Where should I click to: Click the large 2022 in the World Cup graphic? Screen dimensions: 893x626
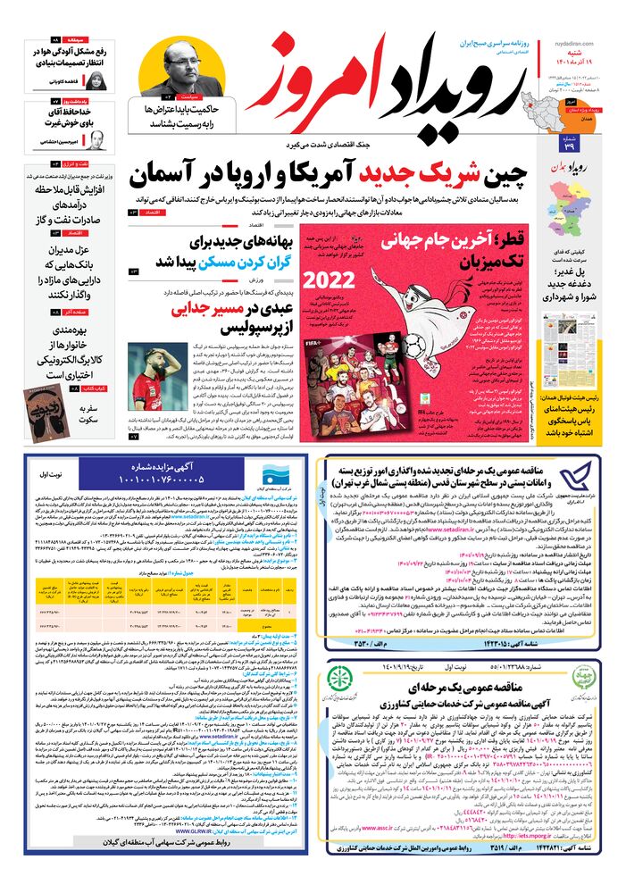click(x=329, y=278)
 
